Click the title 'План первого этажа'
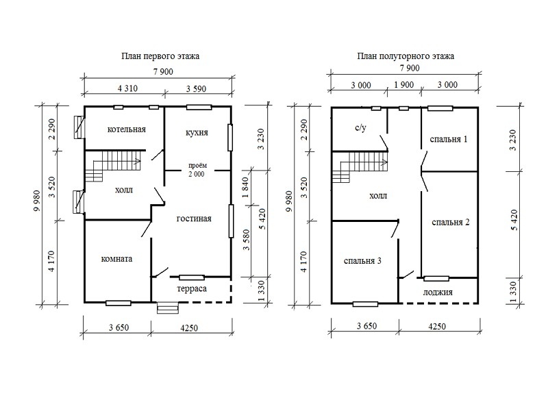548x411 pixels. pyautogui.click(x=160, y=56)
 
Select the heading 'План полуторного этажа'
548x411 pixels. pyautogui.click(x=406, y=56)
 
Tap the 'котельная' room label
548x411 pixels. pyautogui.click(x=127, y=129)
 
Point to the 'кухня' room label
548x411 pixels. pyautogui.click(x=197, y=132)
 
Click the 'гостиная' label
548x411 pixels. pyautogui.click(x=194, y=219)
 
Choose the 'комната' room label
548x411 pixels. pyautogui.click(x=116, y=259)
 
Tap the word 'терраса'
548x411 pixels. pyautogui.click(x=192, y=289)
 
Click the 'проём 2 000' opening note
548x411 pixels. pyautogui.click(x=197, y=170)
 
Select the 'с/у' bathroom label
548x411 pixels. pyautogui.click(x=361, y=127)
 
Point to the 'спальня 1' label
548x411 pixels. pyautogui.click(x=449, y=139)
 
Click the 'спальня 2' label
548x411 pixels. pyautogui.click(x=451, y=222)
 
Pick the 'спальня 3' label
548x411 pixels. pyautogui.click(x=362, y=261)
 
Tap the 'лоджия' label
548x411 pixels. pyautogui.click(x=438, y=292)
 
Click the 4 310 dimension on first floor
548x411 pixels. pyautogui.click(x=127, y=88)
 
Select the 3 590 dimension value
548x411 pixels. pyautogui.click(x=196, y=89)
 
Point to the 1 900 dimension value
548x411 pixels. pyautogui.click(x=404, y=85)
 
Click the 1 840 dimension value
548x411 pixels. pyautogui.click(x=245, y=187)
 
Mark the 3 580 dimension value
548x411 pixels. pyautogui.click(x=247, y=239)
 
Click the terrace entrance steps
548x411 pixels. pyautogui.click(x=167, y=308)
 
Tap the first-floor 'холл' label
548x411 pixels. pyautogui.click(x=124, y=190)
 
